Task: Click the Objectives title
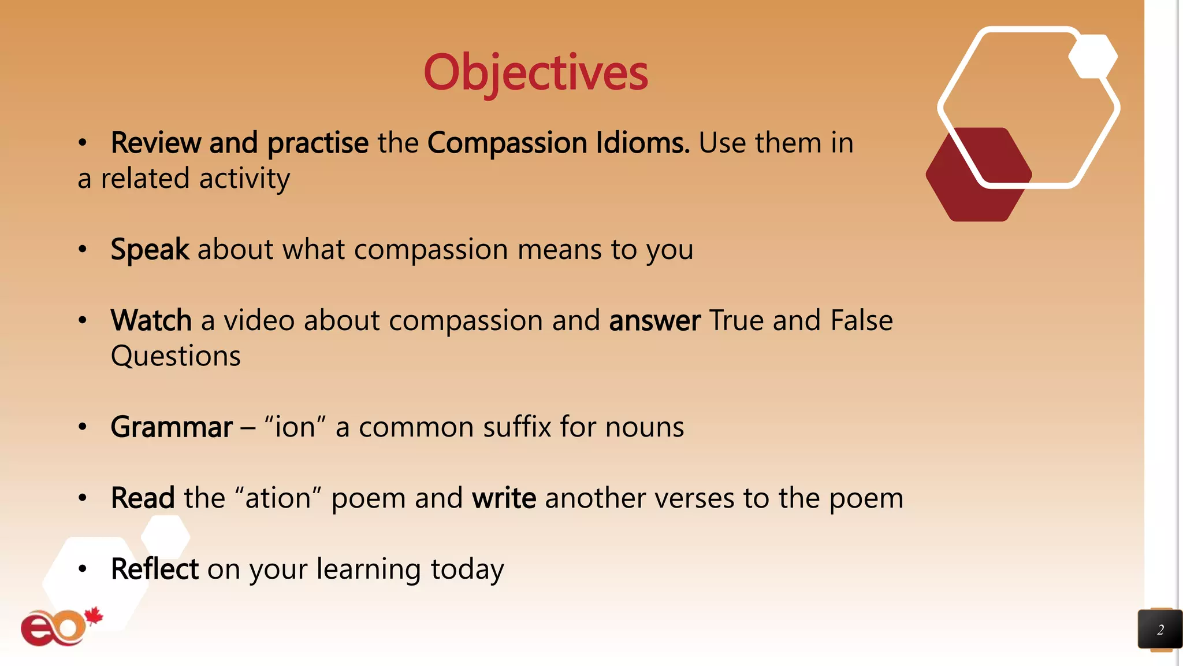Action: [x=535, y=72]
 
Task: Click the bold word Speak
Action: [x=150, y=250]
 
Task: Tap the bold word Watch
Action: [x=151, y=320]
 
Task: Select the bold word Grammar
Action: [x=172, y=427]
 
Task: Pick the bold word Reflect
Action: [x=154, y=569]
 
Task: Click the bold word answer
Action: [x=654, y=321]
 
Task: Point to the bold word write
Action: [x=504, y=498]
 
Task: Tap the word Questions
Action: [x=176, y=356]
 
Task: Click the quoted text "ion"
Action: [x=295, y=427]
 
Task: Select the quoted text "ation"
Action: [x=278, y=498]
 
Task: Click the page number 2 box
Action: [x=1159, y=630]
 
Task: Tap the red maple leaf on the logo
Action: [x=94, y=616]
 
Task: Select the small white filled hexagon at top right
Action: [x=1093, y=57]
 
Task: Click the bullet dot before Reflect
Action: [x=83, y=569]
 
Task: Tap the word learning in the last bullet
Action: [x=369, y=569]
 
